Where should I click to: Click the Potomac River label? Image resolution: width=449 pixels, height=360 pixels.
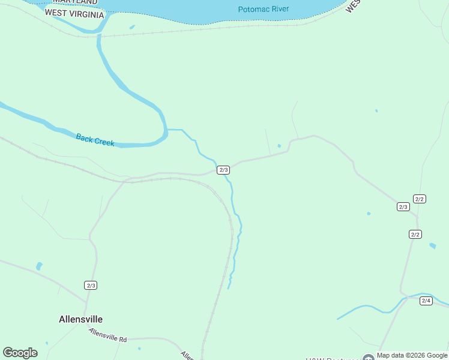click(263, 9)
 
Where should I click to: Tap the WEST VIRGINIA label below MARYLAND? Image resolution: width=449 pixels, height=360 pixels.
click(74, 13)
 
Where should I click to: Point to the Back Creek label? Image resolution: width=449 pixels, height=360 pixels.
click(95, 139)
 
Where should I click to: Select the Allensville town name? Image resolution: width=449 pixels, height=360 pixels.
click(80, 319)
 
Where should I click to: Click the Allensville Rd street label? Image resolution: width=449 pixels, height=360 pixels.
click(108, 335)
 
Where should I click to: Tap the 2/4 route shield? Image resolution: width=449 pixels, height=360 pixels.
click(426, 301)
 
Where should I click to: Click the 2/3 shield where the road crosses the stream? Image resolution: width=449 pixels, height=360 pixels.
click(223, 170)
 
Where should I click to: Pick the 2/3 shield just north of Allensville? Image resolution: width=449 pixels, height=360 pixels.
click(91, 285)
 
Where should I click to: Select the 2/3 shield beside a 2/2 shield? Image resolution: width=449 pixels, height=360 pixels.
click(403, 207)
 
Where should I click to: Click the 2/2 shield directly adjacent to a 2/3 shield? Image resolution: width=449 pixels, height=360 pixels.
click(420, 199)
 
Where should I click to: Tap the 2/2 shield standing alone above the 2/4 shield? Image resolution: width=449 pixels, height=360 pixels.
click(415, 234)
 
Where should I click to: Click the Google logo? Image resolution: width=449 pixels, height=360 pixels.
click(20, 353)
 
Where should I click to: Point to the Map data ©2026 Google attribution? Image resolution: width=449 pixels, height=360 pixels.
click(412, 356)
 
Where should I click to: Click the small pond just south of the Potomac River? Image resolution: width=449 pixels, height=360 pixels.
click(132, 26)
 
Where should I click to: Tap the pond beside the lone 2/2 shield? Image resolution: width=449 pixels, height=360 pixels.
click(433, 245)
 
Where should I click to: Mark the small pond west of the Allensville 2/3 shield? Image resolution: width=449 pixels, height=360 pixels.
click(40, 266)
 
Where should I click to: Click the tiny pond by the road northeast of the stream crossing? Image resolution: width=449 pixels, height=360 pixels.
click(279, 145)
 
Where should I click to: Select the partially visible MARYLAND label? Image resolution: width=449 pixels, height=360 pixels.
click(74, 2)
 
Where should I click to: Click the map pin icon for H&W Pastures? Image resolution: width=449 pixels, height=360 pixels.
click(368, 358)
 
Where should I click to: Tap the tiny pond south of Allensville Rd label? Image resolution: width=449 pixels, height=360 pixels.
click(139, 348)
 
